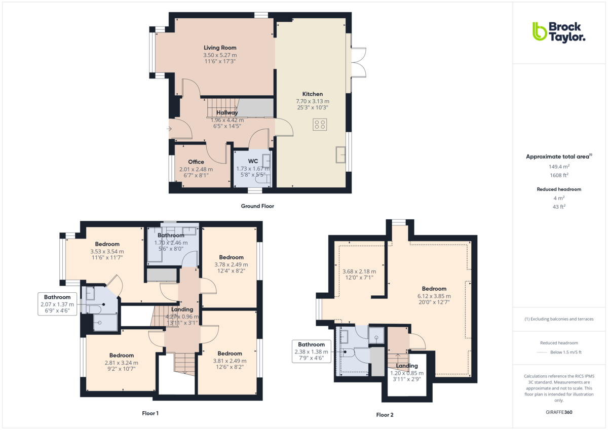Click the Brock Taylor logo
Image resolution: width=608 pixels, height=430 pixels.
pos(558,31)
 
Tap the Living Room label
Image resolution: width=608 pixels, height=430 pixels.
pos(220,48)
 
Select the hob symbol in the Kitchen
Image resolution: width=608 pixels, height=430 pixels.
pos(320,124)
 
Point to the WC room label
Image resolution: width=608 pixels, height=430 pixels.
pos(253,162)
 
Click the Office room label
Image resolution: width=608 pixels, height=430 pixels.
pos(196,162)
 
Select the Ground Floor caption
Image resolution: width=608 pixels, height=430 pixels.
pos(257,206)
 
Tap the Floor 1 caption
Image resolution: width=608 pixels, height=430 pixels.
pos(150,413)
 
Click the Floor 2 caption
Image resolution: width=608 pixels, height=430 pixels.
pos(385,415)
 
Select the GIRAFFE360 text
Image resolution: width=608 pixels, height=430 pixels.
pos(559,412)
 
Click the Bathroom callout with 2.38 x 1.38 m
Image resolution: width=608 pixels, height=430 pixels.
pos(311,351)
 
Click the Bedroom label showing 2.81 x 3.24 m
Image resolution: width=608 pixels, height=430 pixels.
pos(122,356)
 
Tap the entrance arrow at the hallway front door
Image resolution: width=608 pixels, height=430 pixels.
pos(170,129)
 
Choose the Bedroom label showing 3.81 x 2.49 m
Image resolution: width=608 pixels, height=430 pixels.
pos(230,354)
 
